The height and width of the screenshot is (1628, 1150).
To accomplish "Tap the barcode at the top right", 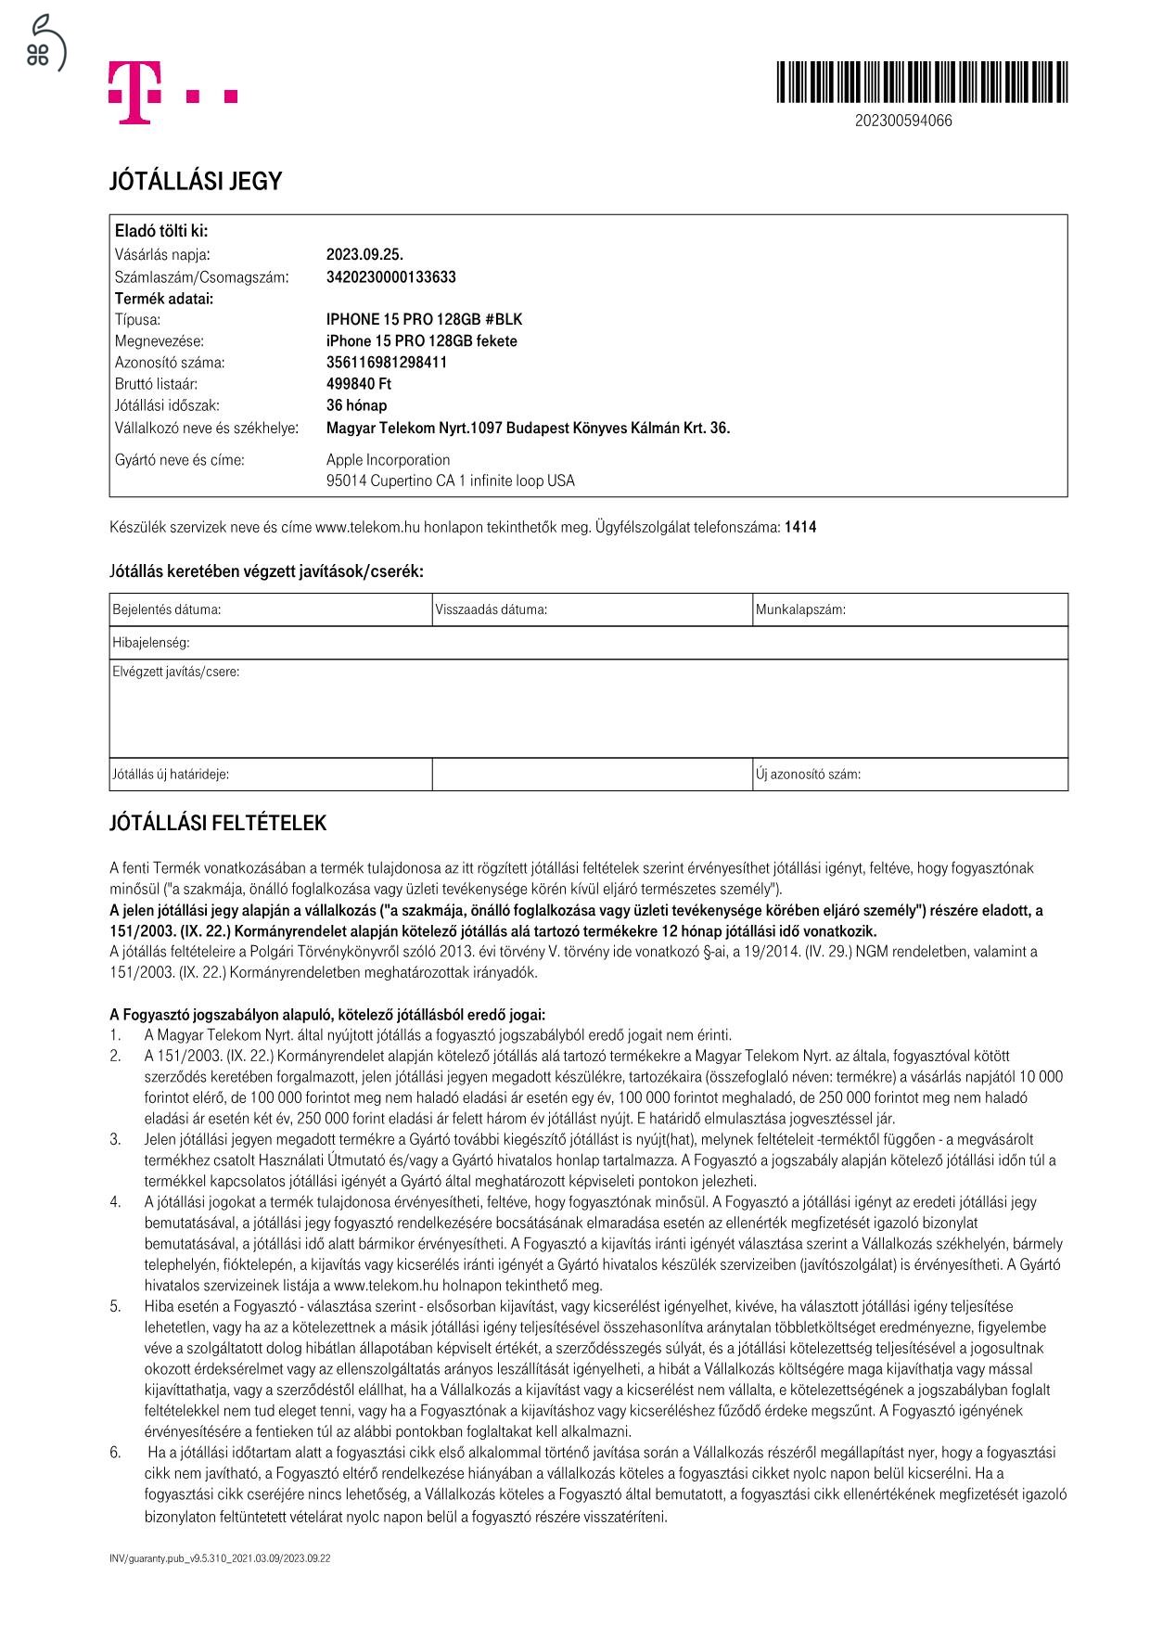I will (x=921, y=82).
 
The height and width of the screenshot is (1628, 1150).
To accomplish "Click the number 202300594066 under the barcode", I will (x=902, y=121).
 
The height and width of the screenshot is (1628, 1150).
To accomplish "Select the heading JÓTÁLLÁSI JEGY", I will (x=195, y=182).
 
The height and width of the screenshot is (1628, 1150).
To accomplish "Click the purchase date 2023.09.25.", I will (x=364, y=255).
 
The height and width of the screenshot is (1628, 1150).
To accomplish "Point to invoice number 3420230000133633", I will (x=390, y=277).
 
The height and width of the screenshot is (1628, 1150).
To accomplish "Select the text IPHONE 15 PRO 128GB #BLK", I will (x=424, y=320).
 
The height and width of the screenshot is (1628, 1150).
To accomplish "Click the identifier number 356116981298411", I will (x=386, y=363).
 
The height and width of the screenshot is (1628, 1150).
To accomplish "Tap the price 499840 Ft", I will (x=359, y=384).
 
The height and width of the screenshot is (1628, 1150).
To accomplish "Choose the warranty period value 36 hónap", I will (x=356, y=405).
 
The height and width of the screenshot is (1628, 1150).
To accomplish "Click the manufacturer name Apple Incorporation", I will (x=388, y=460).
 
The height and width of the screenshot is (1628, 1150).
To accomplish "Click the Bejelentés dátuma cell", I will (x=270, y=610).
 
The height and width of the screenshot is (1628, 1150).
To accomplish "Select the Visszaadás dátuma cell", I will (x=592, y=610).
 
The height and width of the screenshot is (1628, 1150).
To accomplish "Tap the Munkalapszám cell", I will (x=909, y=610).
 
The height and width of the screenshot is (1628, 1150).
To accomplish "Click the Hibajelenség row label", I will (x=151, y=643).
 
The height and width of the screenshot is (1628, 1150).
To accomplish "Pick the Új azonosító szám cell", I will (x=909, y=775).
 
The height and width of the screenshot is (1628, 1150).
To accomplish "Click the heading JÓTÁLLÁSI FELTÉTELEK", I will (x=218, y=824).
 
